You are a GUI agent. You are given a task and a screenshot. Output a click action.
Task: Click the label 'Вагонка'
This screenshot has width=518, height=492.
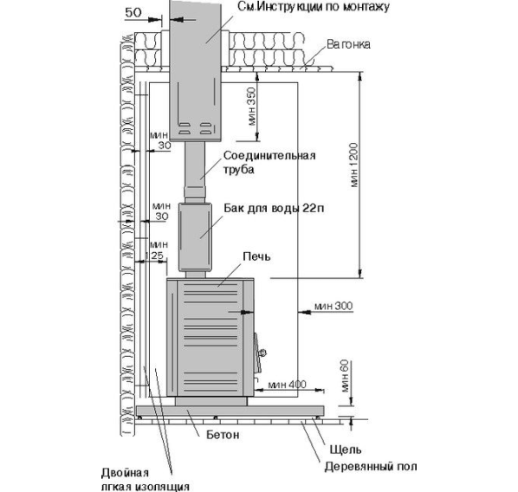348,44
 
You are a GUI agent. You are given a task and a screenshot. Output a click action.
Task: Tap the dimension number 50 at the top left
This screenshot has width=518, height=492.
133,12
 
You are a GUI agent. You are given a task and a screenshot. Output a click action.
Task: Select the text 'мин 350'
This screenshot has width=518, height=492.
252,107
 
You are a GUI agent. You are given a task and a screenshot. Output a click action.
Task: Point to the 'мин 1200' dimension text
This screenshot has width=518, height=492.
353,165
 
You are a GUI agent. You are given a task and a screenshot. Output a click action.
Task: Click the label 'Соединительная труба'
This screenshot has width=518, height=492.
269,162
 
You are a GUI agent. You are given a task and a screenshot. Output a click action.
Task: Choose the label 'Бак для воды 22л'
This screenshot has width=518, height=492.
274,209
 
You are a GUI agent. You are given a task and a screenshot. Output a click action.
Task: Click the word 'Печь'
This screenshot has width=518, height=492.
256,256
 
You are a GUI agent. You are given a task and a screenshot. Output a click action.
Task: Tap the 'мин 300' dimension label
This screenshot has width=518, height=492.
333,306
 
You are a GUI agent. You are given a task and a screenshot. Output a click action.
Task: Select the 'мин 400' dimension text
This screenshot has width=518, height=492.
287,385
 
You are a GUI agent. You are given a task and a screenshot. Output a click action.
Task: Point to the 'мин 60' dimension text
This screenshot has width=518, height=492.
344,376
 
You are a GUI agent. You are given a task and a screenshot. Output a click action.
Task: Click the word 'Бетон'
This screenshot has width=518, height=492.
223,435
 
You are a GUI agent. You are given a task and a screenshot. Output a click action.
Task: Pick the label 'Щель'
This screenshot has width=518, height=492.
346,450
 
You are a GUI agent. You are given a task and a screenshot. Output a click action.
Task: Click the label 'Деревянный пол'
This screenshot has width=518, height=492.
371,467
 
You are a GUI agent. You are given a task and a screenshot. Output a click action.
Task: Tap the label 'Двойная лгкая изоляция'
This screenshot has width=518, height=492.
146,480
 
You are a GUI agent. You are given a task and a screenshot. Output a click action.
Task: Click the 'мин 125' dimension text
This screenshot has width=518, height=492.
158,250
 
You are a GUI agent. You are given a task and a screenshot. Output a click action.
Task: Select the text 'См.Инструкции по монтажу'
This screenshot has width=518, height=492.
314,7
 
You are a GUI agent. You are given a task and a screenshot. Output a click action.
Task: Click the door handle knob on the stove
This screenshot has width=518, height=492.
262,353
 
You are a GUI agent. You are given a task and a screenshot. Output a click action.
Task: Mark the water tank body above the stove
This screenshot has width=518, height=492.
195,237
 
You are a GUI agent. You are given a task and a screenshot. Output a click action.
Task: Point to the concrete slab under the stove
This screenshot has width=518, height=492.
230,411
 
